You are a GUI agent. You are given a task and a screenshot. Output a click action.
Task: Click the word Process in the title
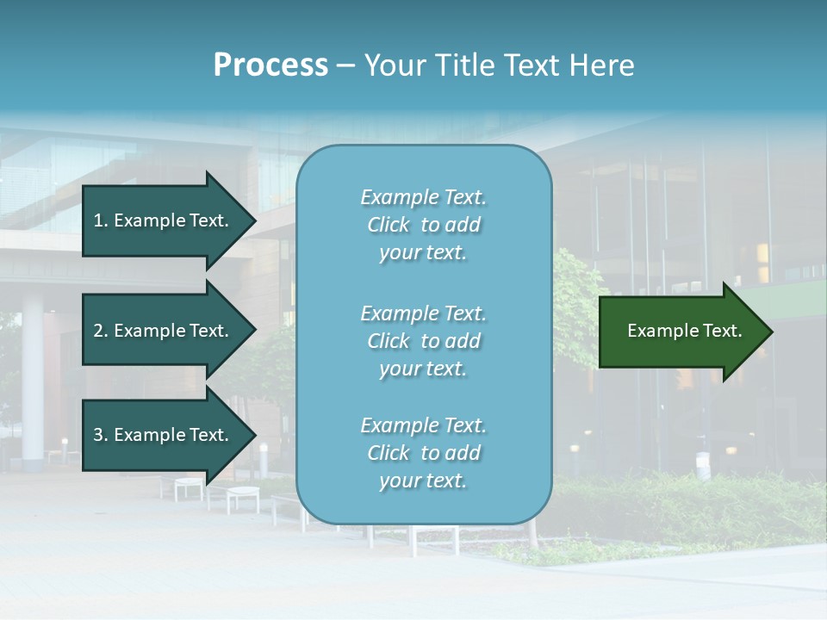point(270,65)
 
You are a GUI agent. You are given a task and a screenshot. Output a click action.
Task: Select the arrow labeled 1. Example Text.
point(164,220)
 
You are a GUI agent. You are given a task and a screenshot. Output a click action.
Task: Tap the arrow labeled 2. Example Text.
point(164,331)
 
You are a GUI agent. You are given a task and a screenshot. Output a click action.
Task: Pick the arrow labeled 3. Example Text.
point(164,435)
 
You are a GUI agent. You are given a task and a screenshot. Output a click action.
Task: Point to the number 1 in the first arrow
point(98,220)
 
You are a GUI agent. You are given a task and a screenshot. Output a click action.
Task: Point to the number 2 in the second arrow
point(98,331)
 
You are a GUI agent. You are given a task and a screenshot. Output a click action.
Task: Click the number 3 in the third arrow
point(98,435)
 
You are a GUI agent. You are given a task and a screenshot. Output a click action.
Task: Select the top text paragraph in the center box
point(423,225)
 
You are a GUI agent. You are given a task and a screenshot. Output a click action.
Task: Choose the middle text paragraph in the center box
point(423,341)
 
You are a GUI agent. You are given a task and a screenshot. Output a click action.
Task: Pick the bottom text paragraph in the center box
point(423,453)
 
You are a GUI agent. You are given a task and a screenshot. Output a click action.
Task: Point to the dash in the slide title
point(345,66)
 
